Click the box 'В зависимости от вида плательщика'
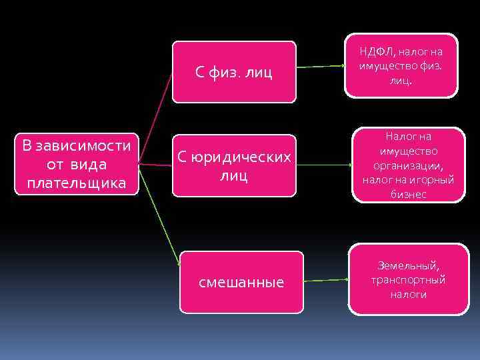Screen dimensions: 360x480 76,164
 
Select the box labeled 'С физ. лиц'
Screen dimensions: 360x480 234,72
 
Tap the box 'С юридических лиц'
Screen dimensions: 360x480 234,165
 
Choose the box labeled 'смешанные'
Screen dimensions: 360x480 241,282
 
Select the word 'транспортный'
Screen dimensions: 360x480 409,279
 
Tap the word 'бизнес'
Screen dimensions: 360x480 408,194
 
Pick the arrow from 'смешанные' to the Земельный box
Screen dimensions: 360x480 325,281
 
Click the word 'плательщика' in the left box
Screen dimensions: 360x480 76,183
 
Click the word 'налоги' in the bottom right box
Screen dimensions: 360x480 408,294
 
